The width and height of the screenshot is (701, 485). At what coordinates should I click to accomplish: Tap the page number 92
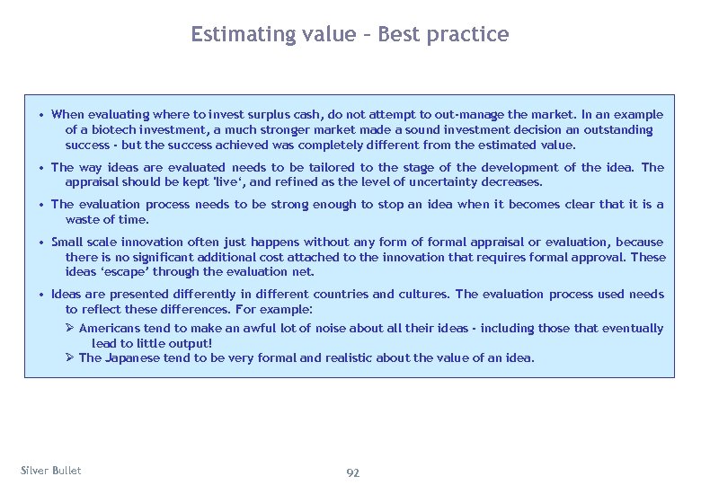coord(352,472)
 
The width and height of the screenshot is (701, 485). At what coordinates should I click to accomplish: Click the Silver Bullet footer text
coord(50,471)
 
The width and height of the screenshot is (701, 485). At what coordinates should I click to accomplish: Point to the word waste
coord(83,219)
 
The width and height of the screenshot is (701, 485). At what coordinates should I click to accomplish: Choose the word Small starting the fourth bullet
coord(67,242)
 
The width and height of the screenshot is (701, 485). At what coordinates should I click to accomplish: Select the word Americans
coord(110,329)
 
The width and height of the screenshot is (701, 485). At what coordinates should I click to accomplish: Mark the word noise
coord(334,329)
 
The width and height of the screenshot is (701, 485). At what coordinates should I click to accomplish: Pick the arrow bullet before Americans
coord(70,329)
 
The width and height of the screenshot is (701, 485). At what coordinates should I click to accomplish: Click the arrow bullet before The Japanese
coord(70,358)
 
